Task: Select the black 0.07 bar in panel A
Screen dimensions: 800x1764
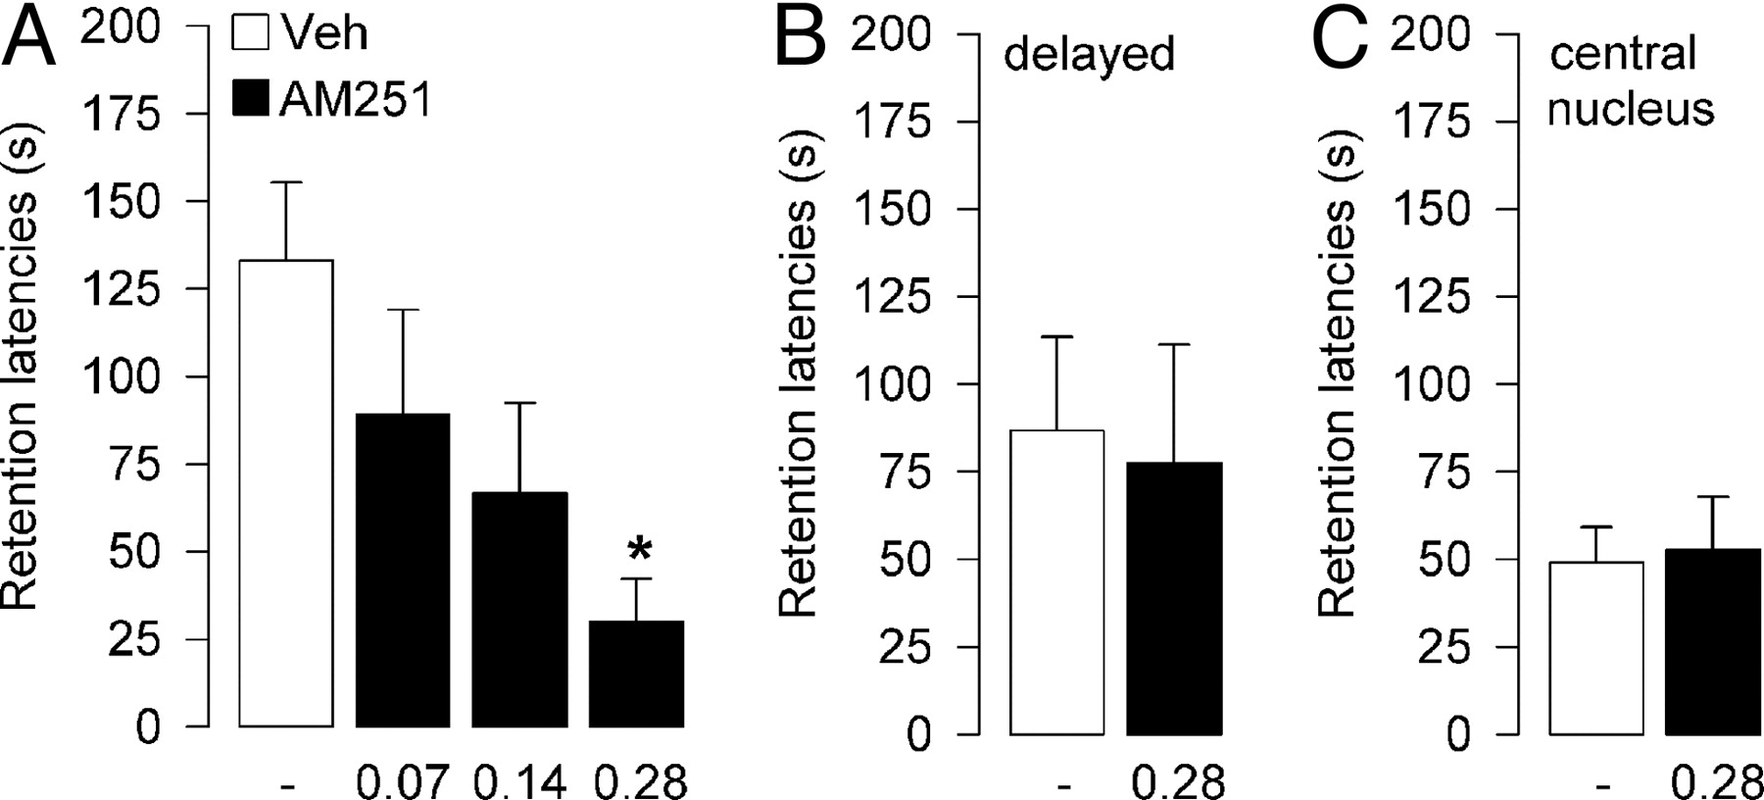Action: tap(403, 570)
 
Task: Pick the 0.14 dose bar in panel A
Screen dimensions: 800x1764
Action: tap(519, 609)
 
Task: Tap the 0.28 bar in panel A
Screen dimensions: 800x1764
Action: tap(636, 674)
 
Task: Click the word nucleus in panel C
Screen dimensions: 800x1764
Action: tap(1631, 109)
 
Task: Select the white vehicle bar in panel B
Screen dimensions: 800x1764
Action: tap(1057, 581)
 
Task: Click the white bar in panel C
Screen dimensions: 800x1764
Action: tap(1596, 648)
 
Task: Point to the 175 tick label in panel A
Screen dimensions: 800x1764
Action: tap(121, 115)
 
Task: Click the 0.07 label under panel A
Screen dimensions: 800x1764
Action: tap(402, 782)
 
